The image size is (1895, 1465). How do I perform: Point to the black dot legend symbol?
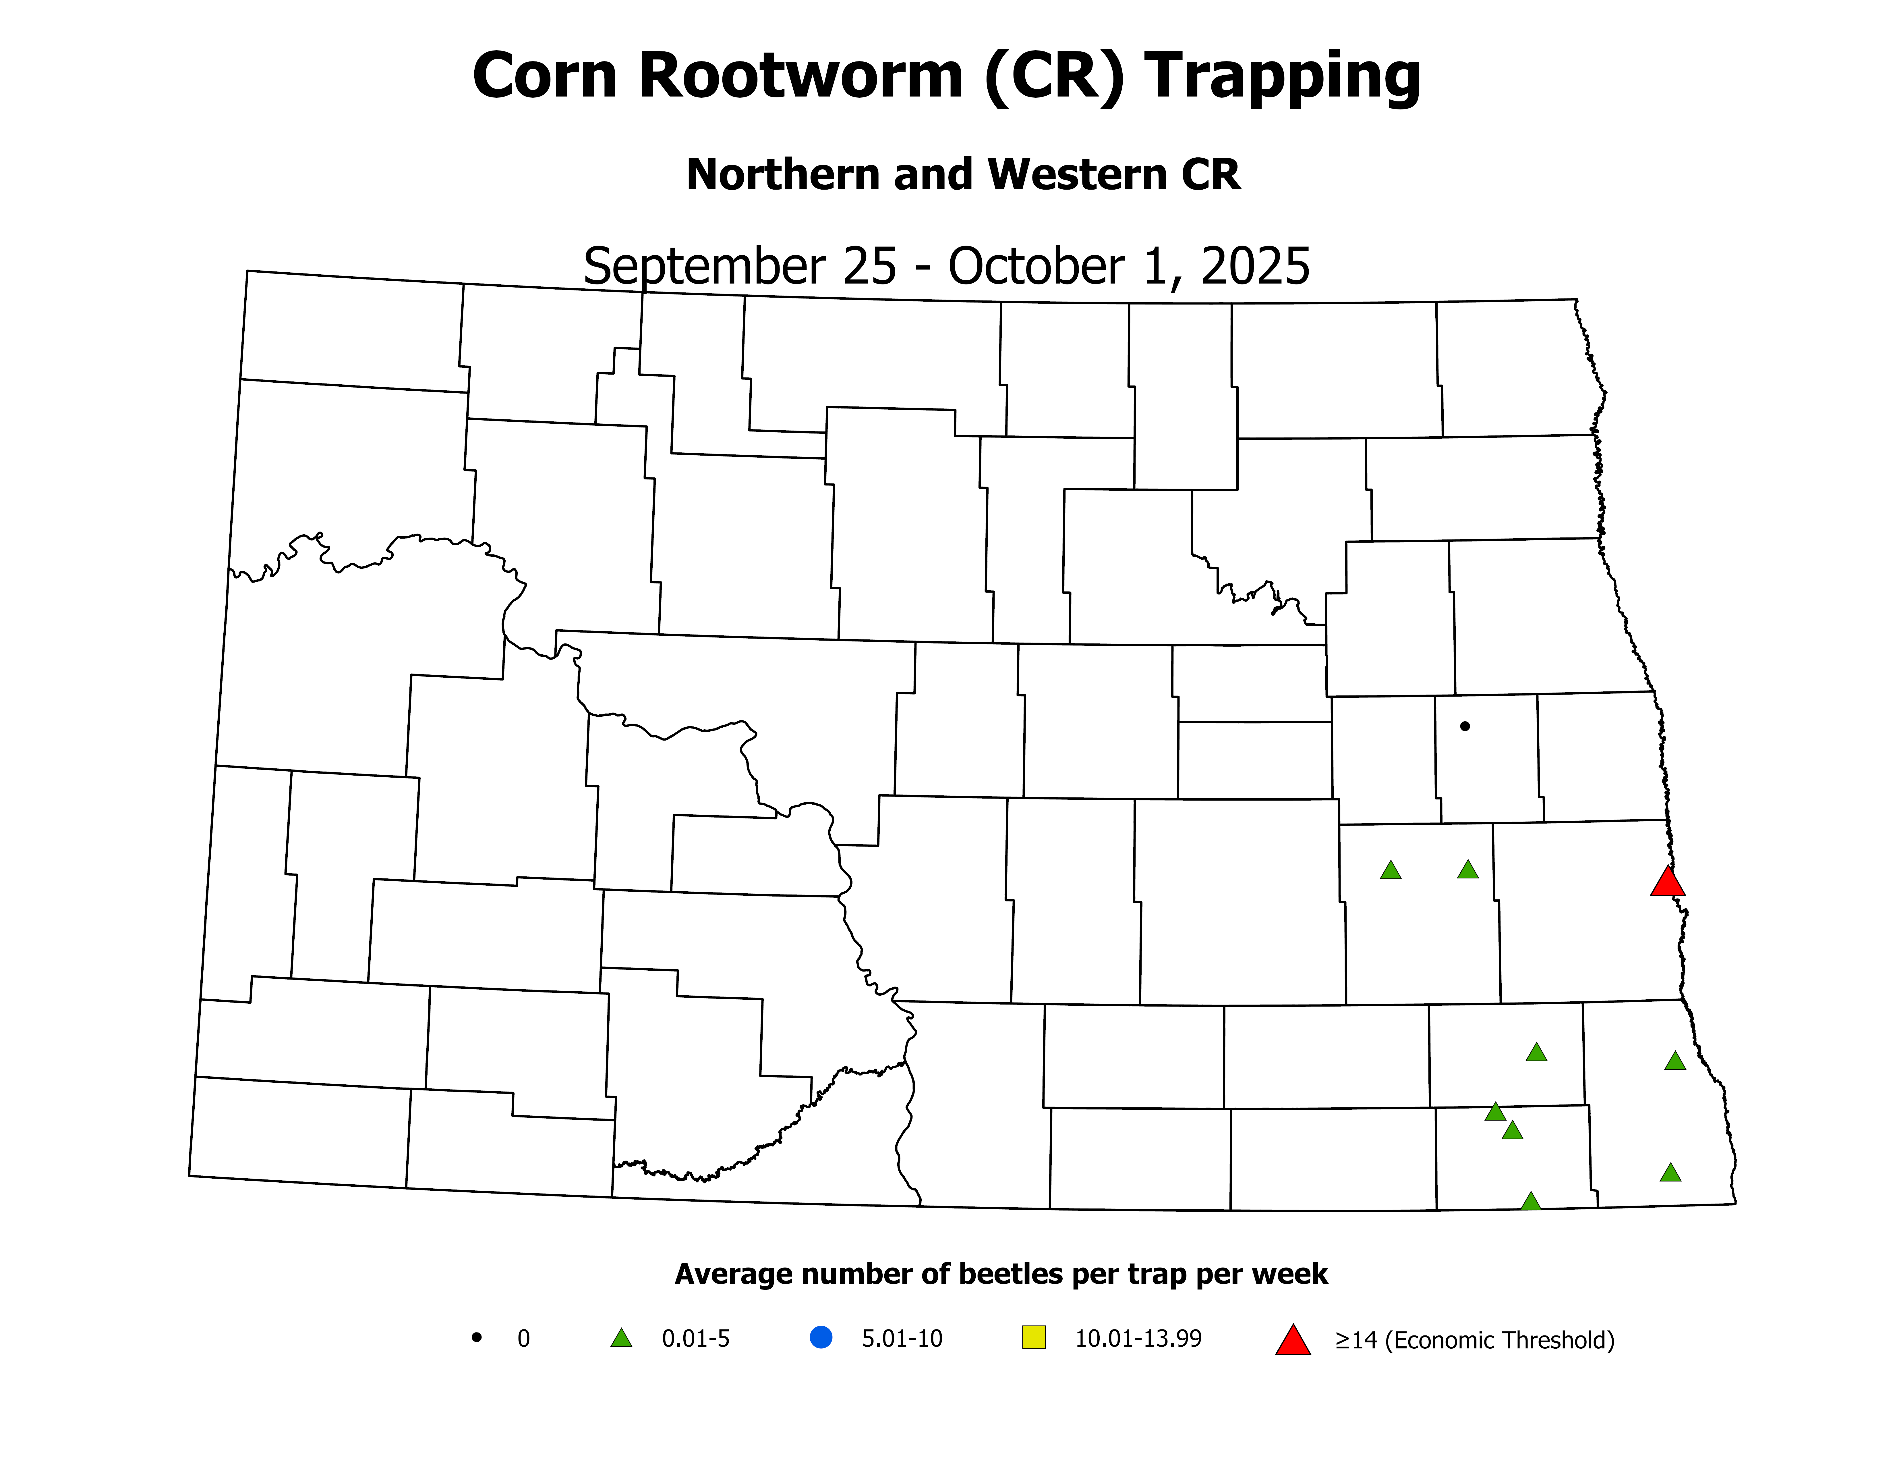(x=476, y=1337)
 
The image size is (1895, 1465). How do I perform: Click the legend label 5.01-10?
(x=902, y=1338)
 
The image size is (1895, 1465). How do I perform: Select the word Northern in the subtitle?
(x=781, y=174)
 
